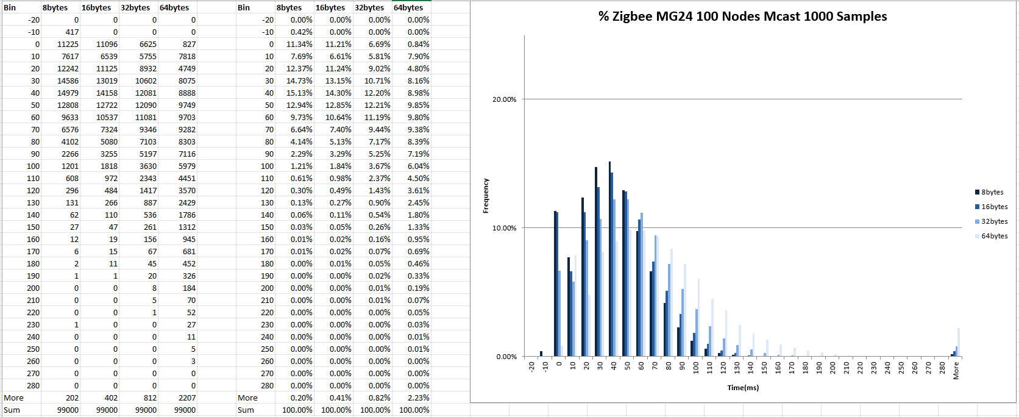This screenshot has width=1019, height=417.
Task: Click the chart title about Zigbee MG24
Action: tap(742, 16)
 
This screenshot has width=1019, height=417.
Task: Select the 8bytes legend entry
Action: tap(992, 192)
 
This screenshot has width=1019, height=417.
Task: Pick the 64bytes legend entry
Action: tap(994, 236)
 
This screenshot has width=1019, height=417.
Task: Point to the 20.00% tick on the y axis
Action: tap(504, 99)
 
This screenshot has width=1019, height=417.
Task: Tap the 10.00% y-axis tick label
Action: tap(504, 228)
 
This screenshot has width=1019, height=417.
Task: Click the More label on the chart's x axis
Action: tap(956, 370)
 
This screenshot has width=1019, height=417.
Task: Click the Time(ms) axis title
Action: tap(743, 388)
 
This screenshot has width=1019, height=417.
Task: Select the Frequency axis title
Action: tap(486, 196)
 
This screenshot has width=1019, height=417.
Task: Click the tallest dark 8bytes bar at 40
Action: tap(609, 259)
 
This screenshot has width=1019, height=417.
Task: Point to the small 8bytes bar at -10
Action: tap(541, 354)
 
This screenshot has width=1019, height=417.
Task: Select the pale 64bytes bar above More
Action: tap(959, 342)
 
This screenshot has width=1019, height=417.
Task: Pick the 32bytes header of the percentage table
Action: tap(369, 7)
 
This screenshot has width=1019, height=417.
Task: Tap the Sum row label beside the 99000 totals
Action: tap(12, 410)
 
